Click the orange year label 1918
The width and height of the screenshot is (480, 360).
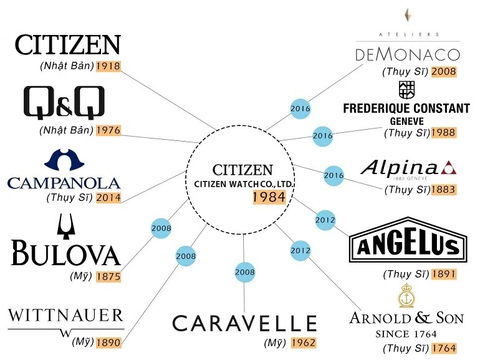(x=108, y=66)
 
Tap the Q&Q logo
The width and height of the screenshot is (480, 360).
(x=64, y=103)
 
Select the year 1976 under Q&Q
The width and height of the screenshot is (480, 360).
(x=108, y=130)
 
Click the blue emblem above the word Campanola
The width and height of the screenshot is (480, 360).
(x=64, y=160)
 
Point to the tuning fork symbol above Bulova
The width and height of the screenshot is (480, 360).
(x=66, y=226)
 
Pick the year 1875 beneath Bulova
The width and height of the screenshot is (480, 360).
(x=108, y=276)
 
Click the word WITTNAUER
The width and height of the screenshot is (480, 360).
(x=65, y=316)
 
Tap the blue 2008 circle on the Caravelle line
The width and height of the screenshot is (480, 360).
(x=245, y=272)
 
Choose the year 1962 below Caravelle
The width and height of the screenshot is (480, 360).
(x=304, y=343)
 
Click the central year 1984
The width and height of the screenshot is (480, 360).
(x=269, y=197)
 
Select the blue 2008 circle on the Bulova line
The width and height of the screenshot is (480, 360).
(x=161, y=228)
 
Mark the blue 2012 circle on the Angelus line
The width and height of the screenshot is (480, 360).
(x=325, y=220)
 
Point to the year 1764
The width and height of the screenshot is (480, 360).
(x=444, y=348)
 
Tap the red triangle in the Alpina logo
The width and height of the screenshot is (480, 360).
(x=448, y=167)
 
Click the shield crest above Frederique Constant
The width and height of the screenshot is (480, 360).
(x=407, y=90)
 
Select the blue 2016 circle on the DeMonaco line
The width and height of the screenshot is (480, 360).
(x=300, y=109)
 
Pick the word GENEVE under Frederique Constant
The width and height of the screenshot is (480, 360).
(x=407, y=121)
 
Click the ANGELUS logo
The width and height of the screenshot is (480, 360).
(x=408, y=240)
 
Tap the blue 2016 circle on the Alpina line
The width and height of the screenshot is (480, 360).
(x=334, y=175)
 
